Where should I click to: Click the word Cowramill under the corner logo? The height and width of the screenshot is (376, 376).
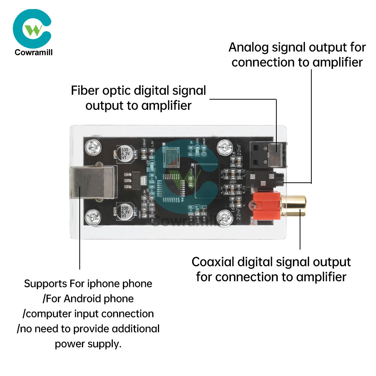pos(33,52)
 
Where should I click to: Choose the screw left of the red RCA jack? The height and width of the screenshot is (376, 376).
pos(226,217)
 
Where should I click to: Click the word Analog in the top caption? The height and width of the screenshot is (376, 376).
pos(249,48)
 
